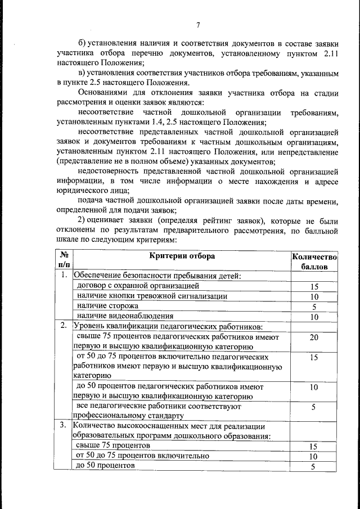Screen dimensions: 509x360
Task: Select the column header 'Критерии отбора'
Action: [182, 256]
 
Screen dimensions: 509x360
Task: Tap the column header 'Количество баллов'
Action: [314, 262]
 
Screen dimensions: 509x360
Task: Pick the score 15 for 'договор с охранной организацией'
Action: [314, 286]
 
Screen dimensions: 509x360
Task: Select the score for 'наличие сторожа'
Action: [314, 307]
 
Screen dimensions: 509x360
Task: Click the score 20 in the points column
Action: [314, 337]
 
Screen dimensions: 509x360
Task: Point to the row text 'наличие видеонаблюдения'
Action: [125, 316]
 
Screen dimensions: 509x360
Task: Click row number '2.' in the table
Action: [65, 326]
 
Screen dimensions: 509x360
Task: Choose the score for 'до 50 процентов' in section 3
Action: [314, 467]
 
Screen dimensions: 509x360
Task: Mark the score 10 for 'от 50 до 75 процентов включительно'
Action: [314, 457]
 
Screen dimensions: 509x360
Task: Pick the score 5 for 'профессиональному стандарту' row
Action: [314, 407]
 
